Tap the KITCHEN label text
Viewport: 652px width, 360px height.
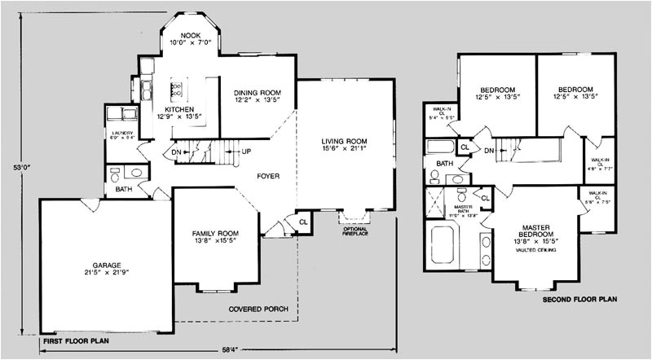[178, 110]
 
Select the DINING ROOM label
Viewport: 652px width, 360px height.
[257, 93]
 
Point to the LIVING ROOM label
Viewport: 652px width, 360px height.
[343, 140]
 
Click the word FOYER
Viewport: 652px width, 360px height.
[269, 175]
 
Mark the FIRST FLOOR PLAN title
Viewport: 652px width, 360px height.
[75, 340]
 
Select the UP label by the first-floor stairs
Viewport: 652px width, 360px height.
[247, 151]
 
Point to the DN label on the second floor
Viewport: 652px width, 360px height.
[489, 151]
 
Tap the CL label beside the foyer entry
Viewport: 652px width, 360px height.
[302, 220]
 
